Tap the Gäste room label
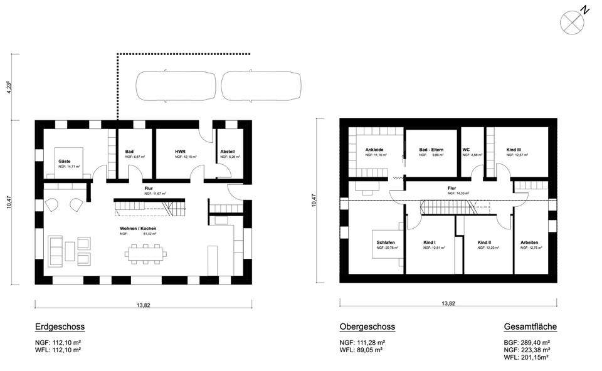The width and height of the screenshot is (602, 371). (64, 161)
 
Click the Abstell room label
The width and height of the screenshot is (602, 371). (227, 152)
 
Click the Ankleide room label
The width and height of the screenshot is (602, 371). (374, 150)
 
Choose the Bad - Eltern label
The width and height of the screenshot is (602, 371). (432, 150)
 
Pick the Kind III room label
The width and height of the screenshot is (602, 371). (514, 150)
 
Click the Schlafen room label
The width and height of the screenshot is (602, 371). (386, 243)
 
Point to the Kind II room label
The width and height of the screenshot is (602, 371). (483, 243)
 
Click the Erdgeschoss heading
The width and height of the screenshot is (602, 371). (60, 327)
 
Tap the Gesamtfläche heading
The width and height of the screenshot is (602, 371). (530, 327)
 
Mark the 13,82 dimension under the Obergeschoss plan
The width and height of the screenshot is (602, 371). (448, 303)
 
